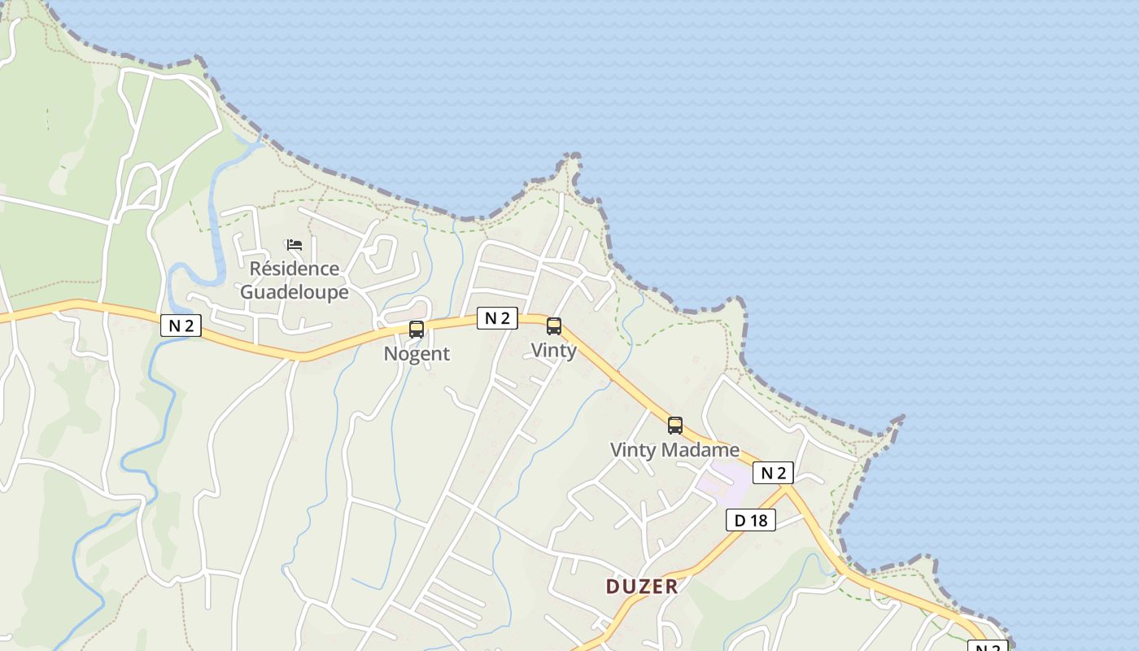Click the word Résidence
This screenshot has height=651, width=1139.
[294, 269]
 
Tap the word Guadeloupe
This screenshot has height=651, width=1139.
[294, 292]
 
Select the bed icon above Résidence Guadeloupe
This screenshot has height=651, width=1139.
[294, 244]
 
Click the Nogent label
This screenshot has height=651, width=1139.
[417, 354]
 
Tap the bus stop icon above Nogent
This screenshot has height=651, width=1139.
[417, 329]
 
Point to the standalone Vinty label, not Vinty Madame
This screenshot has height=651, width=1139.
[553, 351]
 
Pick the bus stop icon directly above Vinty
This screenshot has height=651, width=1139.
[554, 326]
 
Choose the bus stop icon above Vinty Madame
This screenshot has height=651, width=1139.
[675, 425]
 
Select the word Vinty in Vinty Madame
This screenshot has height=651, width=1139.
[632, 450]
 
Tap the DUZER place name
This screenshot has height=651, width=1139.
[642, 587]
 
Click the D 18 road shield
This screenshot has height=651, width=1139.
[750, 520]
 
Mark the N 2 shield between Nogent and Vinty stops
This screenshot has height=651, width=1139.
[497, 318]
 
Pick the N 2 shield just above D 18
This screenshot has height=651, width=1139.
[772, 473]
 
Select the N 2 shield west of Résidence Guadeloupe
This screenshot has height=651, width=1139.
[181, 325]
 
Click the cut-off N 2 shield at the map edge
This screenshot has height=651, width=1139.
[987, 646]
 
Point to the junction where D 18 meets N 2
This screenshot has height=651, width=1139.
[788, 487]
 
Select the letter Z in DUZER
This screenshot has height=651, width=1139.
[642, 587]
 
